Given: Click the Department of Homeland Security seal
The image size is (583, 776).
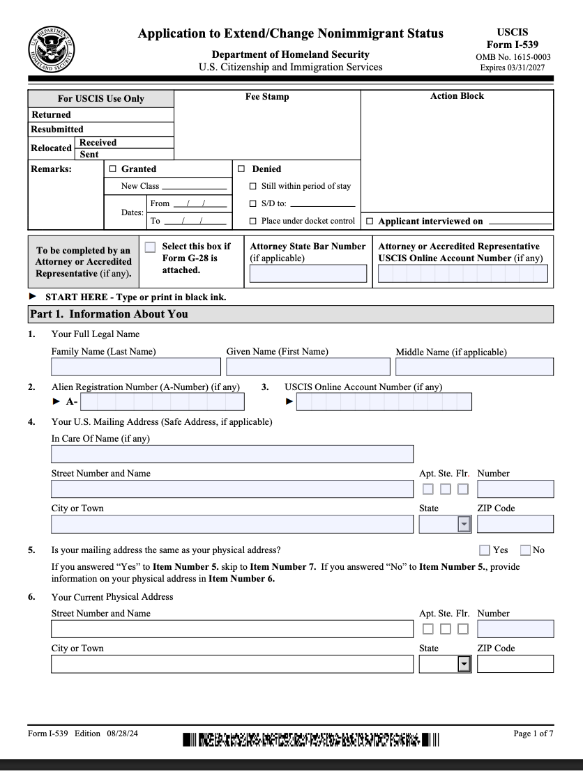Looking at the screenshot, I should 51,49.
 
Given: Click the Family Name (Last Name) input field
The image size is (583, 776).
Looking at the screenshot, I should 135,366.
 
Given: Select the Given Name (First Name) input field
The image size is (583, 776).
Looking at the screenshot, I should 308,366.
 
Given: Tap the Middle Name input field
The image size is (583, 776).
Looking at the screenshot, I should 474,366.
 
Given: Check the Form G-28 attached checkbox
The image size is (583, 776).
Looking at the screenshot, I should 151,247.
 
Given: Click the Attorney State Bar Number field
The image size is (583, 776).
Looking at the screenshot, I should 308,274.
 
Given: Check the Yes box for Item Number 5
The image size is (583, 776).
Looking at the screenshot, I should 485,550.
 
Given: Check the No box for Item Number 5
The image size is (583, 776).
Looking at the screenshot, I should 526,550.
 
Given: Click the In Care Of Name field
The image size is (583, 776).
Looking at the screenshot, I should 232,454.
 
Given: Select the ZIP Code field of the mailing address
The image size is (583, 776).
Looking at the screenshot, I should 515,524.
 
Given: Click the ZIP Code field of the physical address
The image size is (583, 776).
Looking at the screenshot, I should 515,664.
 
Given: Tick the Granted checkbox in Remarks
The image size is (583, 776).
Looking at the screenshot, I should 113,169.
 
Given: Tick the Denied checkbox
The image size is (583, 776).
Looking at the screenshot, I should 242,169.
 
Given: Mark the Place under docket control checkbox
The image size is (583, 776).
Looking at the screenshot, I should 253,222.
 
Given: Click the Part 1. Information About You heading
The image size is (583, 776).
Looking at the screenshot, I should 109,314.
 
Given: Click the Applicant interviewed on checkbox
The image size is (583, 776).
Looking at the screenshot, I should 370,222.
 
